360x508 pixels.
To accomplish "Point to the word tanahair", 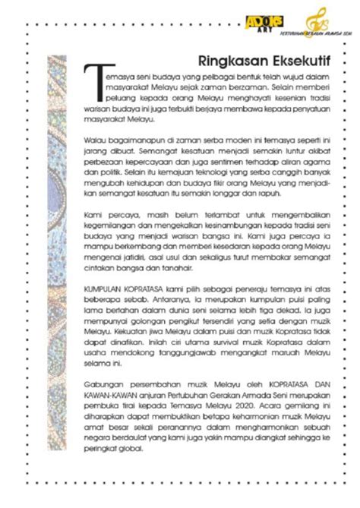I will point(188,267).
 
